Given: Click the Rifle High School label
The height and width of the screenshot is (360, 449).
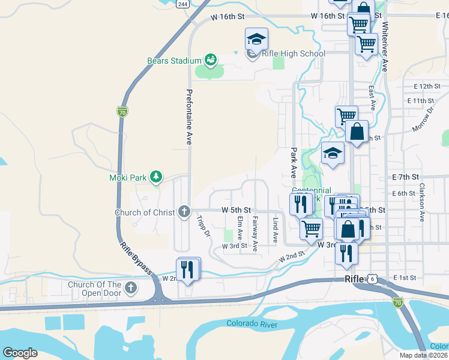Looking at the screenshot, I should click(294, 54).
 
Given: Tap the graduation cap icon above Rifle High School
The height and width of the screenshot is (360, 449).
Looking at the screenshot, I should click(256, 40).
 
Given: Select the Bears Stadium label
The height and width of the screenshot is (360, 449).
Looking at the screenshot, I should click(174, 61).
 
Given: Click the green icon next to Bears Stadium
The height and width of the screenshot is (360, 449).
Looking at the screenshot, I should click(210, 60).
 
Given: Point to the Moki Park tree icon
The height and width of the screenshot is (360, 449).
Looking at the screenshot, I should click(156, 176).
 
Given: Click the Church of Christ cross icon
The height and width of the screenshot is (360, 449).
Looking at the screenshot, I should click(184, 212).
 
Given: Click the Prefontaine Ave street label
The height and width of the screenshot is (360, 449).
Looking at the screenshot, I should click(188, 117).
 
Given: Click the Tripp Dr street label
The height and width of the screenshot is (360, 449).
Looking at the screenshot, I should click(203, 225).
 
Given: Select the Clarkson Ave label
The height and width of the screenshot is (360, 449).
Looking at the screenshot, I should click(423, 203).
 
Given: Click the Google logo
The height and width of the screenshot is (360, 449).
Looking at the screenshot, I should click(20, 353).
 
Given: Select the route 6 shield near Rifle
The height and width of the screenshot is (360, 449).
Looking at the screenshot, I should click(373, 279).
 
